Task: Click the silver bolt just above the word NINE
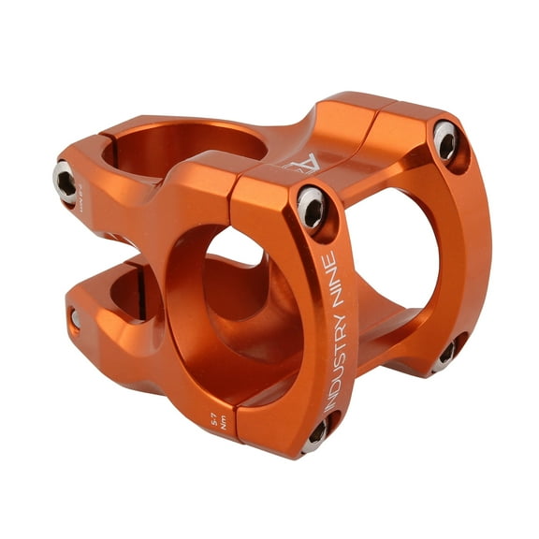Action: pyautogui.click(x=312, y=207)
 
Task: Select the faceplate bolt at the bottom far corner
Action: pyautogui.click(x=447, y=353)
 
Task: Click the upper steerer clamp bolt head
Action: pyautogui.click(x=65, y=180)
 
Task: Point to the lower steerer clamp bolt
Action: pyautogui.click(x=76, y=319)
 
